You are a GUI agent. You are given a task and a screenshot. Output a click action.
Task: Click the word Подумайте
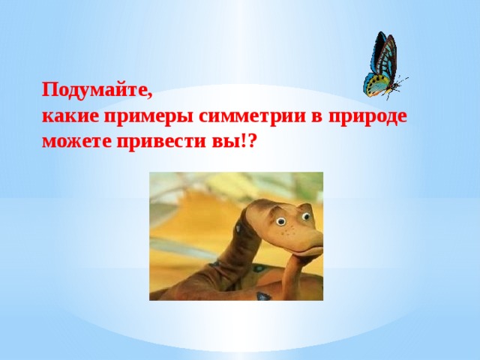(94, 91)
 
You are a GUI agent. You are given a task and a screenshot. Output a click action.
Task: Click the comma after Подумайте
(150, 97)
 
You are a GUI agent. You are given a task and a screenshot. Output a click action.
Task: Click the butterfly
(382, 66)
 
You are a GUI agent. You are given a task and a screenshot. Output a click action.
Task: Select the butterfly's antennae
(400, 82)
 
